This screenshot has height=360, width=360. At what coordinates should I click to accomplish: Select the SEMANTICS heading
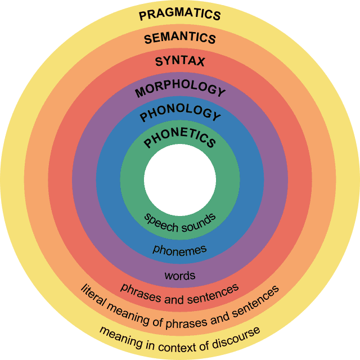coord(179,39)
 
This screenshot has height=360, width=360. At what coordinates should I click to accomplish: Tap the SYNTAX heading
coord(179,61)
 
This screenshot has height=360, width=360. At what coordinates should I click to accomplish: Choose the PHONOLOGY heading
coord(179,113)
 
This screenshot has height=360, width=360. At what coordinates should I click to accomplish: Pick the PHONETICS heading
coord(179,137)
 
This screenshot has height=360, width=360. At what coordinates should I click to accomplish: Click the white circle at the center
coord(179,179)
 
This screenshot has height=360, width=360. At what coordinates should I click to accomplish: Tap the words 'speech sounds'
coord(179,222)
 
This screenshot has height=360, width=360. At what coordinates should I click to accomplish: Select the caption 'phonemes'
coord(179,249)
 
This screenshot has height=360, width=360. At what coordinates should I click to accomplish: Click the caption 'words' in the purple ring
coord(179,276)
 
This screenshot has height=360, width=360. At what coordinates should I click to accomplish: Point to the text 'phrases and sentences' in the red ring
coord(179,293)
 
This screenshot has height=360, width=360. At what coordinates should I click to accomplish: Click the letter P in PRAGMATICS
coord(142,15)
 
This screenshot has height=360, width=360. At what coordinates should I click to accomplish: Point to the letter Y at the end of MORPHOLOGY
coord(220,92)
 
